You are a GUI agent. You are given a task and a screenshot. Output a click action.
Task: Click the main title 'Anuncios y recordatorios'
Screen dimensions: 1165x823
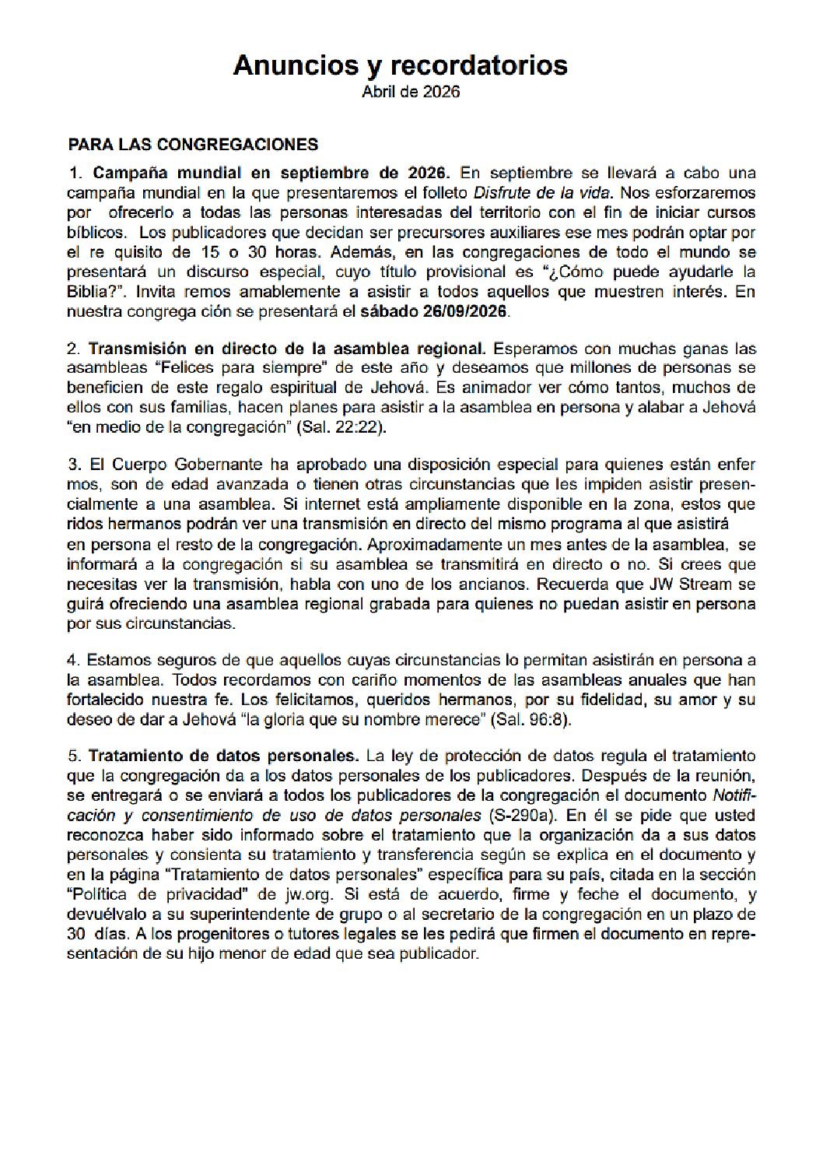[x=400, y=65]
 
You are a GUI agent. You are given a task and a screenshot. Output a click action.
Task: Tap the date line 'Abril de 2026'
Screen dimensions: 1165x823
[x=411, y=92]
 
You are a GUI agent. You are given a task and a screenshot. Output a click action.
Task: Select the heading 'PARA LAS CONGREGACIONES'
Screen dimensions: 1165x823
[x=193, y=145]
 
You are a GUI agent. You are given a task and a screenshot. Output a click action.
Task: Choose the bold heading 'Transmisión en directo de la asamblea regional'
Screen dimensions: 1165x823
[x=287, y=349]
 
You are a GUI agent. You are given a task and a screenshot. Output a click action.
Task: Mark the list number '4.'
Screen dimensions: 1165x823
[x=74, y=661]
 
